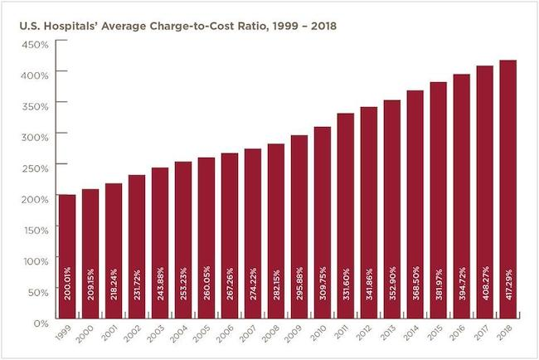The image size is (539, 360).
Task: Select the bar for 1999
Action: coord(67,257)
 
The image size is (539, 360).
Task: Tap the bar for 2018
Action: coord(507,190)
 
